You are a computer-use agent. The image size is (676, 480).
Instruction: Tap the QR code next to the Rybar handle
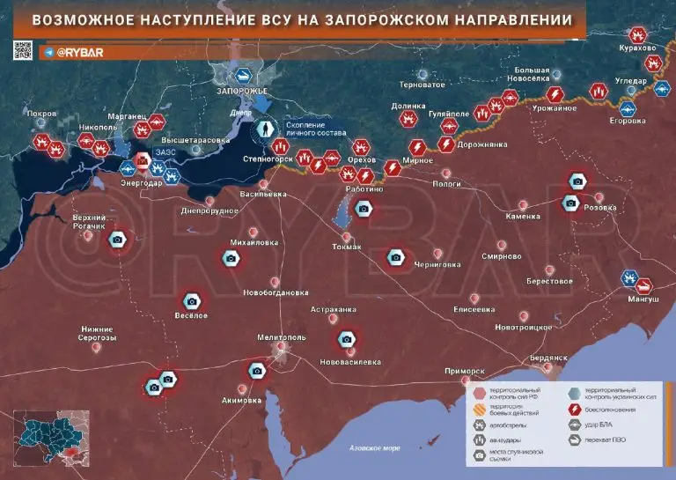(23, 51)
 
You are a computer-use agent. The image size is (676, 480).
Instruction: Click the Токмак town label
(347, 247)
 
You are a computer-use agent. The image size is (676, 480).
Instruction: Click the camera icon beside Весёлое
(191, 301)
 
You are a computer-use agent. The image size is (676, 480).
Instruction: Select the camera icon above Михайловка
(231, 258)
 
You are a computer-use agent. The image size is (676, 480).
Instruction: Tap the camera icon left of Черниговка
(396, 257)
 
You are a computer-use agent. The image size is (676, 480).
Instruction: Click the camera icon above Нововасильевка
(348, 340)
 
